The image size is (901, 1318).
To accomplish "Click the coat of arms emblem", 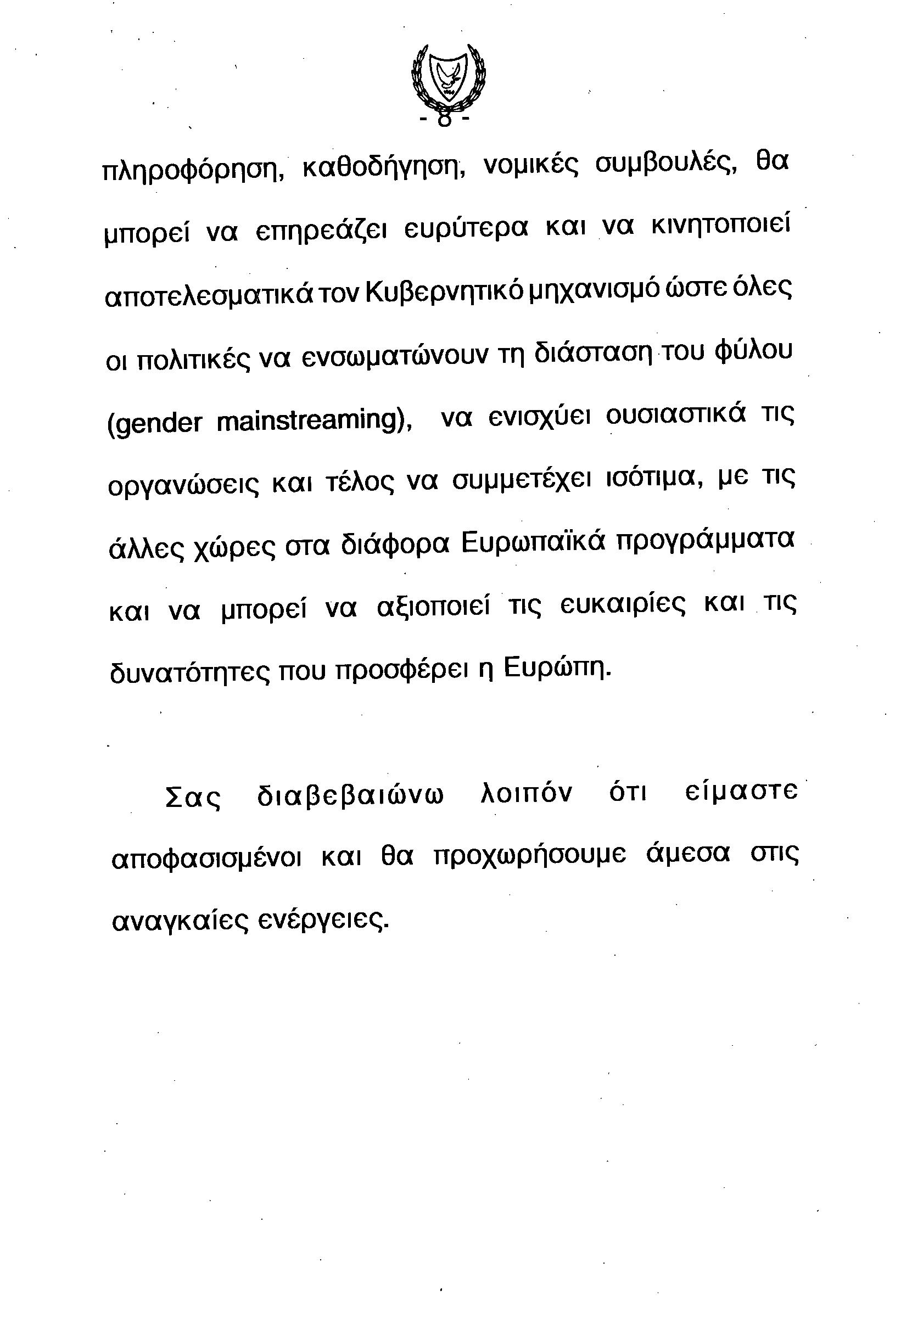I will point(448,79).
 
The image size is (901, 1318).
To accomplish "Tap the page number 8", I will point(445,120).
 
